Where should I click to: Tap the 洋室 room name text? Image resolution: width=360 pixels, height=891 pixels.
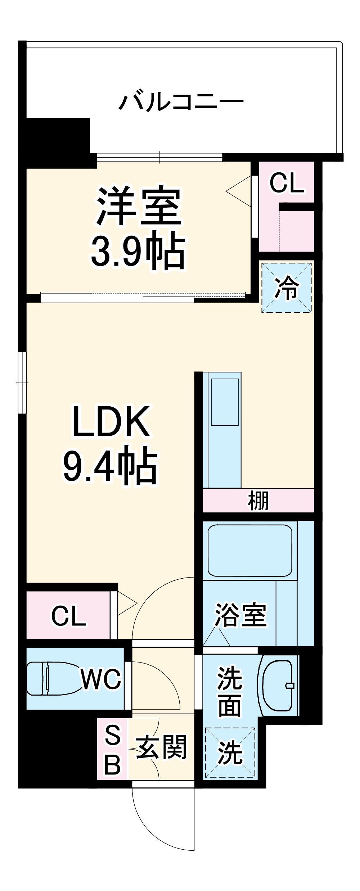click(x=139, y=206)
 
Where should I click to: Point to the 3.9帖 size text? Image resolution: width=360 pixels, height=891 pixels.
click(x=138, y=252)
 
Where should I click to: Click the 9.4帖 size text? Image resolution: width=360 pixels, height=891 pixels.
click(x=111, y=466)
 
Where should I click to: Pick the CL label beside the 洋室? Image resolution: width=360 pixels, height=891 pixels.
click(x=287, y=183)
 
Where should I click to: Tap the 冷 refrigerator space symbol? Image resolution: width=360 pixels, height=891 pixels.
click(x=287, y=288)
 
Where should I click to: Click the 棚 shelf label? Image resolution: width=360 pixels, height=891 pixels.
click(x=258, y=501)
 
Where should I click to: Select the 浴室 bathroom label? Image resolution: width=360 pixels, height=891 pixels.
click(x=240, y=615)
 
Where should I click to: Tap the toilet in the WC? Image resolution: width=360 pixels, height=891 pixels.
click(x=54, y=679)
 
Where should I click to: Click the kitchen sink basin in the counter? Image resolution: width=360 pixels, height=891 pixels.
click(x=225, y=402)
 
